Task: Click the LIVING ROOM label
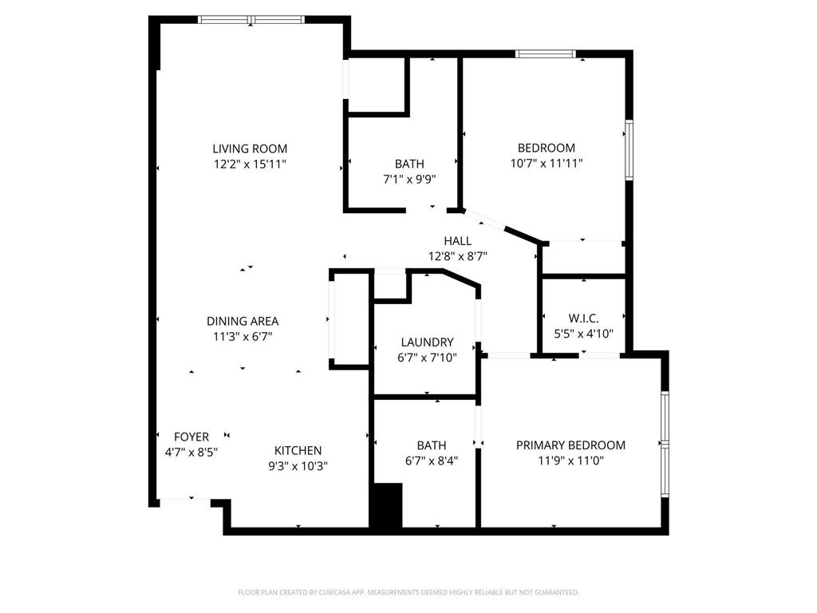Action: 250,148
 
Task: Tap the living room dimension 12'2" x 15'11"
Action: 250,164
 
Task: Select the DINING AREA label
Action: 243,321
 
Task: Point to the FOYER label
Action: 191,437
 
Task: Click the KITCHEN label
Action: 298,450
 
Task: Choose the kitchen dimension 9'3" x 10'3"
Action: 298,465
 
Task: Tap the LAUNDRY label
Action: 427,342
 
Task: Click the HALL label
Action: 458,241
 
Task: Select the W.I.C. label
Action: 583,318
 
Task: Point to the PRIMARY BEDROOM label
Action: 570,445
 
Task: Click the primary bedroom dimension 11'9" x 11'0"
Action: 570,461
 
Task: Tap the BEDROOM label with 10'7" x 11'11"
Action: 547,148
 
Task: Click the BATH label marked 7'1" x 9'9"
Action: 409,164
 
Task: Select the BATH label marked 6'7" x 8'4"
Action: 432,445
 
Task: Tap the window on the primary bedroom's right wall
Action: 665,444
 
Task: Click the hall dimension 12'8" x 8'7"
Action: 458,256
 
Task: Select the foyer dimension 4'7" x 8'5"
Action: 191,451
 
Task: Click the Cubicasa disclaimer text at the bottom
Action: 408,592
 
